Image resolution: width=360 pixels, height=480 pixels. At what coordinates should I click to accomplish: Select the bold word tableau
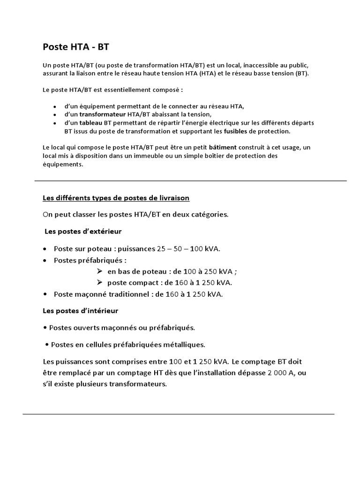click(x=91, y=123)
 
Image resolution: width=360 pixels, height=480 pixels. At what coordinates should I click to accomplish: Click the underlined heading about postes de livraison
click(x=116, y=198)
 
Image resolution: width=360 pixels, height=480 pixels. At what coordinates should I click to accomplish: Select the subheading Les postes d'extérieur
click(x=83, y=232)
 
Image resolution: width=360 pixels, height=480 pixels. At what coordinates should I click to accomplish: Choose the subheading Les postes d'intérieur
click(x=80, y=311)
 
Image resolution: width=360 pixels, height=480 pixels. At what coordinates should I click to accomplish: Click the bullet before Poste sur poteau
click(x=45, y=248)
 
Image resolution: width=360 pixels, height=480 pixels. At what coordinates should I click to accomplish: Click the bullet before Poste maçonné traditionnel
click(x=45, y=294)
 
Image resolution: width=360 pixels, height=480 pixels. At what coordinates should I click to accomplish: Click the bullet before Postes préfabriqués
click(x=45, y=260)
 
